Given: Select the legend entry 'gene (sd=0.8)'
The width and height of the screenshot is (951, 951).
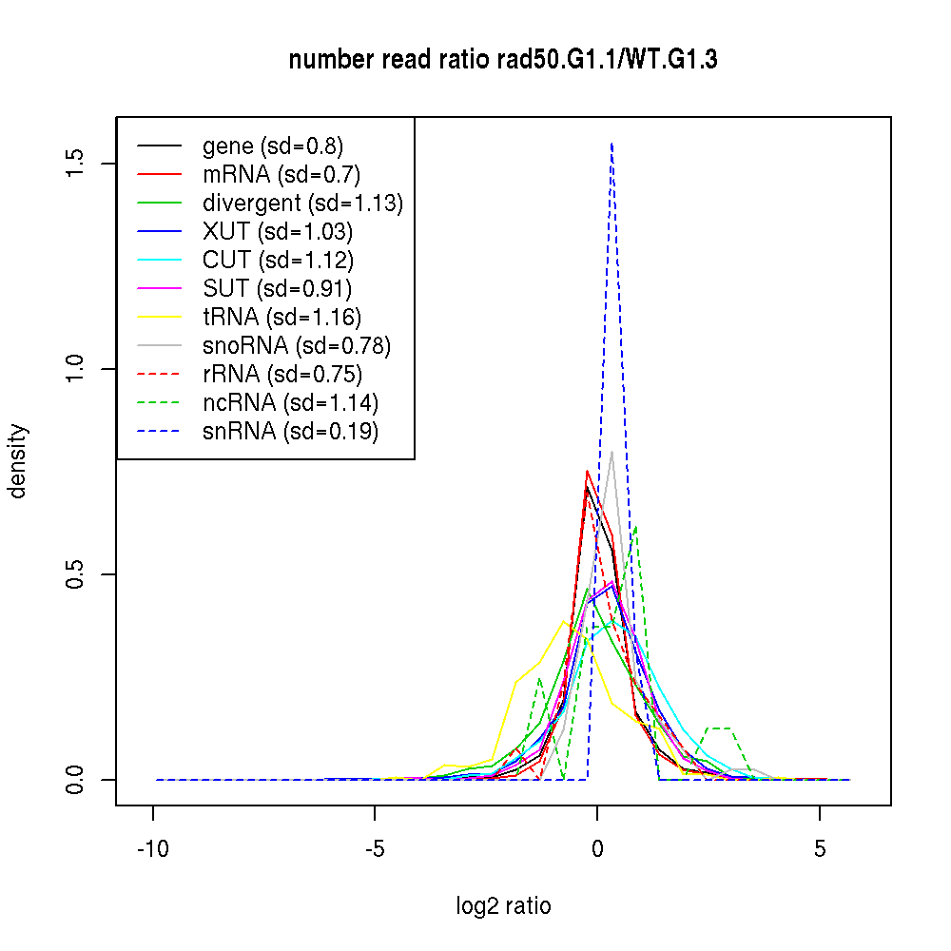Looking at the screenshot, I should (272, 146).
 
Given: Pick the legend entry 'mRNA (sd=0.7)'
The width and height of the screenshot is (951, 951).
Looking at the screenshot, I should (281, 175).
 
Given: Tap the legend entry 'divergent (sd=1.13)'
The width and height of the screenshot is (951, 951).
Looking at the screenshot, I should (302, 204).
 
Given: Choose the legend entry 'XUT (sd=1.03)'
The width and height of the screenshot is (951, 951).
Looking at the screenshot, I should (277, 232).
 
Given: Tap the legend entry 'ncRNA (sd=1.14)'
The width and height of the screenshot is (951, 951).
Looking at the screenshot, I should (290, 403).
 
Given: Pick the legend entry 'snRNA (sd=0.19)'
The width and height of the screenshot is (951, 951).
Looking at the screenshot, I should (290, 432).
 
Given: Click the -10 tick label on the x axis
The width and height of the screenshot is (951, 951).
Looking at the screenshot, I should (153, 849).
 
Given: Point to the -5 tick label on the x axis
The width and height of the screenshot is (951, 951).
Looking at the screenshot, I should (376, 849).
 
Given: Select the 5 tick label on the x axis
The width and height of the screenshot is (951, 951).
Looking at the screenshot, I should (820, 849).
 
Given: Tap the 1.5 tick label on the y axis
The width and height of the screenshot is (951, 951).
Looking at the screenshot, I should (77, 164).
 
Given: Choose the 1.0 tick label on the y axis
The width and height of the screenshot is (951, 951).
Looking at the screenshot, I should (77, 369).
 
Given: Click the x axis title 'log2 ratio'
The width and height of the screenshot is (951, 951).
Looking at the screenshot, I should (503, 906).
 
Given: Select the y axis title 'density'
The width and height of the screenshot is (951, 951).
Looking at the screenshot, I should (18, 461).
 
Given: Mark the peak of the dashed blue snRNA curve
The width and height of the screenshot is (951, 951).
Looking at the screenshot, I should (611, 144).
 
